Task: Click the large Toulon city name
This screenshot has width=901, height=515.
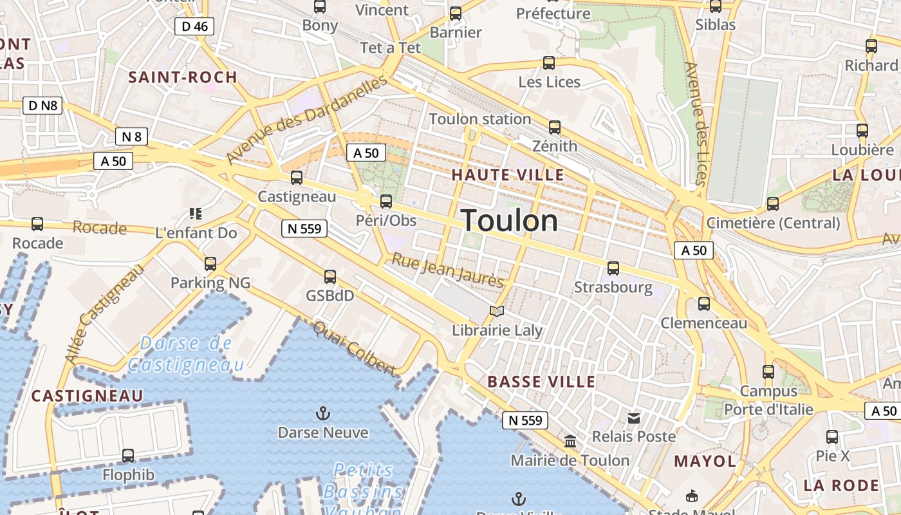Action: click(x=509, y=221)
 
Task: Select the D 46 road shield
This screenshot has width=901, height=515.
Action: click(x=194, y=26)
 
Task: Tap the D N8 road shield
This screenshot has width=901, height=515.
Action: click(x=43, y=106)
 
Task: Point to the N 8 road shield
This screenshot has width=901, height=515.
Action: click(x=131, y=136)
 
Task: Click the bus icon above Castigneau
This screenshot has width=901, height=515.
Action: click(x=296, y=178)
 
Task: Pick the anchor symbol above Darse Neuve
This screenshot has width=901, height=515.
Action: click(x=322, y=413)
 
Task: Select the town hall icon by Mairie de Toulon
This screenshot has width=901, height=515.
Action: click(x=570, y=442)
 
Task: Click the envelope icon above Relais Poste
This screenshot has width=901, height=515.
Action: click(x=634, y=418)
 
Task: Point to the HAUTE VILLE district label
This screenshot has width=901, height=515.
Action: click(x=507, y=175)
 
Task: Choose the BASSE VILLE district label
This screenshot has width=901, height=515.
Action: click(x=541, y=382)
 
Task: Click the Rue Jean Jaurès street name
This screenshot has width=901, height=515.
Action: click(x=448, y=271)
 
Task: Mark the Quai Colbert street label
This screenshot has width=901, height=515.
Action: click(x=355, y=348)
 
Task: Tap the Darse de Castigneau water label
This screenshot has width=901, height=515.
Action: click(x=186, y=354)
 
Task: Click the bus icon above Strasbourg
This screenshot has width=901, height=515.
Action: click(x=613, y=268)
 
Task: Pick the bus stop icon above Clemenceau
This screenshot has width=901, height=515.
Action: click(x=704, y=304)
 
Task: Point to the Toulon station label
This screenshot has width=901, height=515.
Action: click(x=479, y=119)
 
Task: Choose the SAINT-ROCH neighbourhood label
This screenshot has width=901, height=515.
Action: click(x=183, y=78)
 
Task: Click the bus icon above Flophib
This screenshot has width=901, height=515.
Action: click(x=128, y=456)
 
